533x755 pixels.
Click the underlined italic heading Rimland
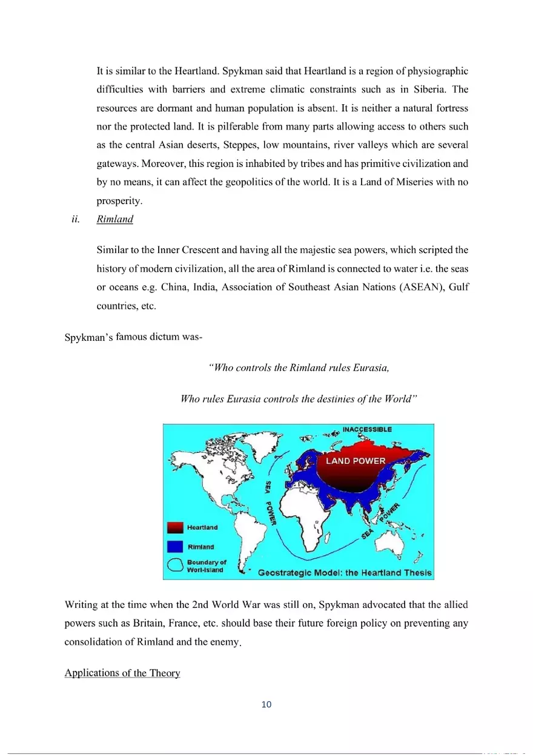114,220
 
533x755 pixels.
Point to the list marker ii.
76,220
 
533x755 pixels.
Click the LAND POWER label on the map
356,461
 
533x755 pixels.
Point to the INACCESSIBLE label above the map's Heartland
367,429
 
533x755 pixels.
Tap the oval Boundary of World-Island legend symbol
175,565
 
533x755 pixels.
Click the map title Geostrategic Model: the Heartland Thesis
345,572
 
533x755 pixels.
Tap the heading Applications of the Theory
122,674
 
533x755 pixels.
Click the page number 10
266,704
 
